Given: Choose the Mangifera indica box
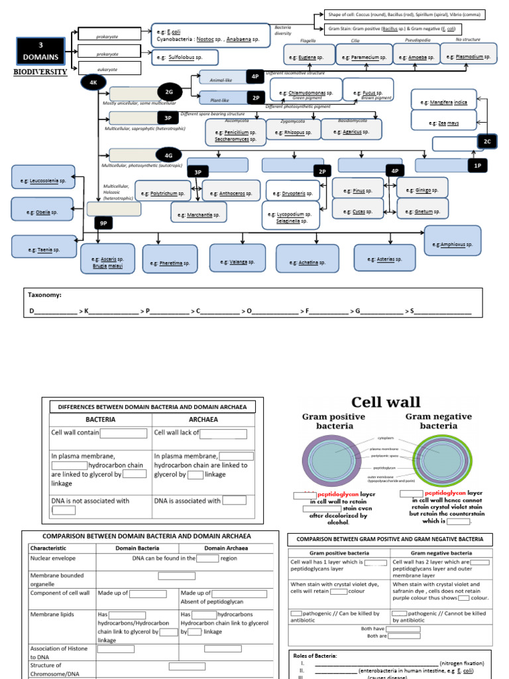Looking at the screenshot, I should click(x=443, y=103).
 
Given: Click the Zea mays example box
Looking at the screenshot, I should click(x=443, y=123).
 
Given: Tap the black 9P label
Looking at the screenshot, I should click(x=103, y=223).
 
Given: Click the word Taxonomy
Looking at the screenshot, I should click(x=45, y=294).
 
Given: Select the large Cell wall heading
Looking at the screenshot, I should click(x=386, y=401).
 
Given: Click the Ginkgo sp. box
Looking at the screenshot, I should click(x=422, y=190).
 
